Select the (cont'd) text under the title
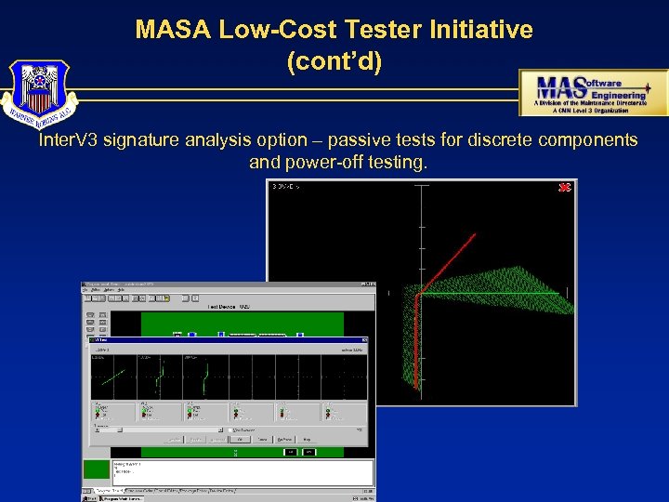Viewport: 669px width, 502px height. point(334,62)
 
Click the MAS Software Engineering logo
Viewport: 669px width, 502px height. point(592,93)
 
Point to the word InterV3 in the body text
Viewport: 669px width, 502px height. point(69,140)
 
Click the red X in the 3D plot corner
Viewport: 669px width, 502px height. point(563,188)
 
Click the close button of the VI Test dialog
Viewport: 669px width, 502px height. point(365,341)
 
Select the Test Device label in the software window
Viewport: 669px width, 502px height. point(226,306)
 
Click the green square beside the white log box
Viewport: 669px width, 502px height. point(97,469)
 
